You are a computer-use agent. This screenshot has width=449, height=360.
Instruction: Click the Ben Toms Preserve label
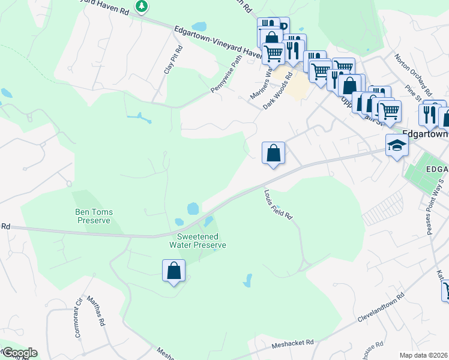pyautogui.click(x=93, y=216)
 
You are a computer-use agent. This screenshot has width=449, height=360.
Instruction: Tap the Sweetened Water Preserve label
pyautogui.click(x=197, y=241)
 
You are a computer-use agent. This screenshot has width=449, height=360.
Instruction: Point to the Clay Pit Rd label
pyautogui.click(x=172, y=60)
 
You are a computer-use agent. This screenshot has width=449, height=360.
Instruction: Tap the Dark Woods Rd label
pyautogui.click(x=277, y=91)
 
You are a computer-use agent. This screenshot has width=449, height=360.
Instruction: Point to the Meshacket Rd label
pyautogui.click(x=292, y=343)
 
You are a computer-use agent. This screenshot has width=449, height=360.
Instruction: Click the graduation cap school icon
pyautogui.click(x=396, y=145)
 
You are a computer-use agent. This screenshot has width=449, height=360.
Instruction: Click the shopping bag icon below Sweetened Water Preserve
pyautogui.click(x=173, y=271)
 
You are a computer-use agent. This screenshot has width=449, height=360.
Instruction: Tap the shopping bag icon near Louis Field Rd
pyautogui.click(x=273, y=152)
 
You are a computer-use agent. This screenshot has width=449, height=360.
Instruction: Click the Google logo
pyautogui.click(x=19, y=353)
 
